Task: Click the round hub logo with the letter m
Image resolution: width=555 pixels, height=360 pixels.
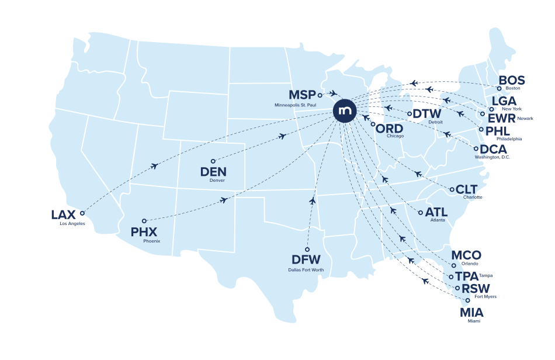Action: (346, 111)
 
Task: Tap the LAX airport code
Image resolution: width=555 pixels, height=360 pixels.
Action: (63, 214)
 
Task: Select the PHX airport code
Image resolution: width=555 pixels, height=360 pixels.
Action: (144, 232)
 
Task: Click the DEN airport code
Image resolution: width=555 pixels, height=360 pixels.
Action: (213, 172)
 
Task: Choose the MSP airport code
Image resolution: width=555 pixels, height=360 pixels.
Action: (302, 95)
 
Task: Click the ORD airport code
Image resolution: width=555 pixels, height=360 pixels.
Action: (390, 128)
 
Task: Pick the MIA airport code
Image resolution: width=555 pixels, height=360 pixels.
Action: (471, 311)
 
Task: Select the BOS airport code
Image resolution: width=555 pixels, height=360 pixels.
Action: (512, 81)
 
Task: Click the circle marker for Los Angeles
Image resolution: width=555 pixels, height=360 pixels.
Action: (82, 213)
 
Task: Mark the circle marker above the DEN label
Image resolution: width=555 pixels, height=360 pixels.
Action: (213, 161)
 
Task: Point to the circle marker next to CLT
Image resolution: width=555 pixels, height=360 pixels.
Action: (452, 189)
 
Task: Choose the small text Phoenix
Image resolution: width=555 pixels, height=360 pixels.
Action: (152, 241)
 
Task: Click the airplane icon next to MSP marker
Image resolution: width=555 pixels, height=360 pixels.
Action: (332, 92)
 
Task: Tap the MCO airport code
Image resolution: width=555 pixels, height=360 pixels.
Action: (467, 255)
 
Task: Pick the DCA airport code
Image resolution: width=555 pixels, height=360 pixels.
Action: (494, 149)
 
